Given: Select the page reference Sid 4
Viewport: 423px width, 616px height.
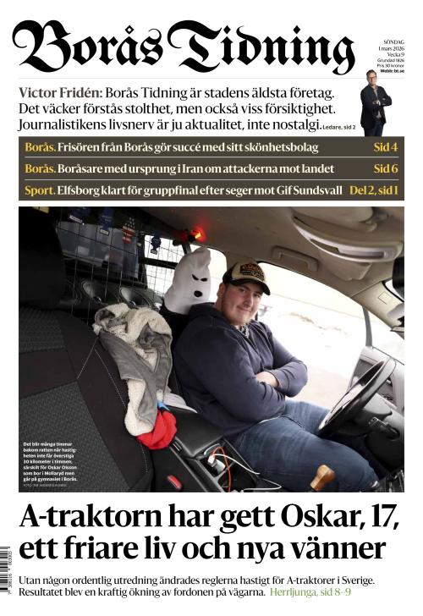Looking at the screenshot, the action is click(385, 147).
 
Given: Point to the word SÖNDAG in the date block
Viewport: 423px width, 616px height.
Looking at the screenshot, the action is click(393, 41).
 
